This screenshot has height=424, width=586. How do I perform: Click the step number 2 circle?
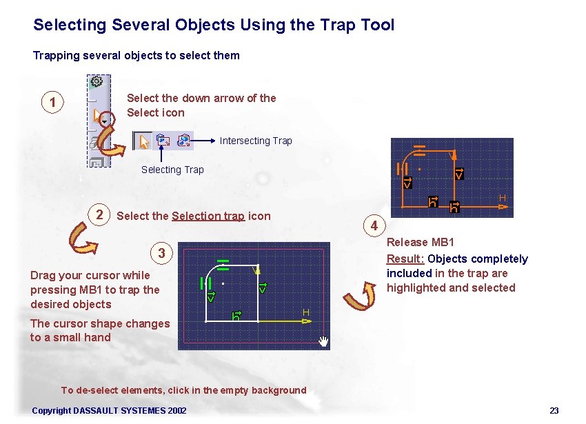tap(101, 214)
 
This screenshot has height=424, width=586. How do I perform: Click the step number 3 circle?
tap(161, 253)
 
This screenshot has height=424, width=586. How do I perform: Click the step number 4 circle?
tap(374, 225)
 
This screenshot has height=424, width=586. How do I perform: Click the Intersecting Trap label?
tap(256, 141)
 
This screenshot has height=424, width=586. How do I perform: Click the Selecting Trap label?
tap(172, 170)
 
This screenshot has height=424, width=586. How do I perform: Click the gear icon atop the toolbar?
tap(97, 81)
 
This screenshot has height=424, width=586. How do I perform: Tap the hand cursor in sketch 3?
tap(323, 341)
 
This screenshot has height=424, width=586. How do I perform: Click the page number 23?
tap(554, 411)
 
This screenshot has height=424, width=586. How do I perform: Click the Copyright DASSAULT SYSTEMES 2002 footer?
tap(109, 411)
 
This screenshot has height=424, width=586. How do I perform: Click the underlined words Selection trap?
tap(208, 216)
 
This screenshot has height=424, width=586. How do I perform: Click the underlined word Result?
tap(405, 259)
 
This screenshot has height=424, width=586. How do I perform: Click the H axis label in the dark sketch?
tap(503, 199)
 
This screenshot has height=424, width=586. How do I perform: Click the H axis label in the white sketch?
tap(305, 313)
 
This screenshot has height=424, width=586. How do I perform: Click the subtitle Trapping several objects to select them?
tap(137, 55)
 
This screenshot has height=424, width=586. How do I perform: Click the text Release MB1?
tap(420, 242)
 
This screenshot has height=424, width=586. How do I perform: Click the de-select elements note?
tap(183, 390)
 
